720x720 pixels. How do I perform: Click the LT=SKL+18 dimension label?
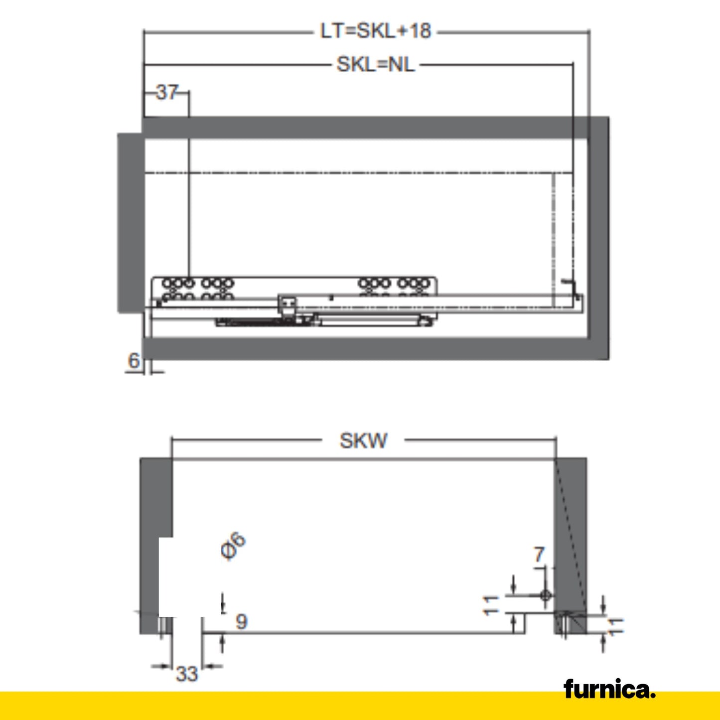[x=375, y=31]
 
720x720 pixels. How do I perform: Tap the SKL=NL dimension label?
[x=375, y=65]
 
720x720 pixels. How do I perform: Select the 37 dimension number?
[x=166, y=92]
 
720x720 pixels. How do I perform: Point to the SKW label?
[x=363, y=440]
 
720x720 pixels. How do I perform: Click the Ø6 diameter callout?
[x=233, y=546]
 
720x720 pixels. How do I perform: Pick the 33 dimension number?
[x=187, y=674]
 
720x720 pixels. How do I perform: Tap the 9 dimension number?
[x=241, y=621]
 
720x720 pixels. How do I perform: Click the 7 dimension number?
[x=539, y=555]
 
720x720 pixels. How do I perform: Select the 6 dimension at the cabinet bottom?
[x=134, y=360]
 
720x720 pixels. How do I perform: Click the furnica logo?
[x=609, y=690]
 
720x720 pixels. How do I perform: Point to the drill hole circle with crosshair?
[x=545, y=595]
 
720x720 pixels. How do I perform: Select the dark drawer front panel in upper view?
[x=131, y=222]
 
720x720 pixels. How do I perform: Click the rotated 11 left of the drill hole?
[x=491, y=605]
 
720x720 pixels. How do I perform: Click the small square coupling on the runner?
[x=287, y=304]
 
